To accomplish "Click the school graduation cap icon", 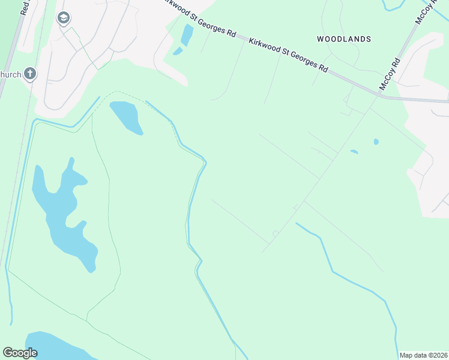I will point(63,19).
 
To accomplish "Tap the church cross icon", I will point(30,74).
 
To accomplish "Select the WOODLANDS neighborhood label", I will point(344,39).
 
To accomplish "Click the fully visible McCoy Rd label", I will point(389,74).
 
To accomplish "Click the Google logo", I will point(20,353).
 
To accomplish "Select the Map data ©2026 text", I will point(423,355).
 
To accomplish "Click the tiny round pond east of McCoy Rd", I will point(376,142).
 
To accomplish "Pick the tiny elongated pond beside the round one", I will point(354,151).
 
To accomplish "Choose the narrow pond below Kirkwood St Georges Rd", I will point(187,36).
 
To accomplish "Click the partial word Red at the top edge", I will point(24,7).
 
